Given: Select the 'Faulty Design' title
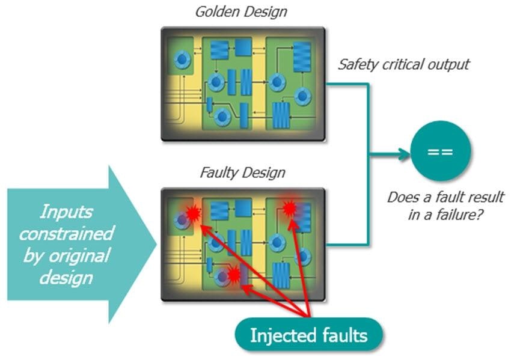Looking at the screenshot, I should pyautogui.click(x=242, y=174).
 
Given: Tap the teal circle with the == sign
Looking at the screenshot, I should pyautogui.click(x=440, y=153).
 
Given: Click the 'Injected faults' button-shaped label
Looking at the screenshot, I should pyautogui.click(x=308, y=334).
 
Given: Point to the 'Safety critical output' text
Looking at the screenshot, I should pyautogui.click(x=403, y=64).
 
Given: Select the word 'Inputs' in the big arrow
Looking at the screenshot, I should pyautogui.click(x=67, y=212).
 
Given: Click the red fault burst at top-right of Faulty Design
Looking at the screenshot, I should pyautogui.click(x=290, y=208).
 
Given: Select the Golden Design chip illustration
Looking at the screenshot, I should pyautogui.click(x=243, y=84).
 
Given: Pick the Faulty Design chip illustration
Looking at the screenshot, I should pyautogui.click(x=243, y=244).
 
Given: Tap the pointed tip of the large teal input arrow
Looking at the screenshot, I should pyautogui.click(x=156, y=245).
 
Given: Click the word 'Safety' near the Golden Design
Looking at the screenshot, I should pyautogui.click(x=356, y=64).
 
